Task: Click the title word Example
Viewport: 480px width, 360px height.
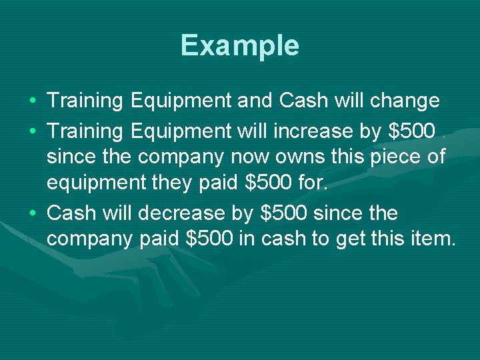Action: (x=239, y=45)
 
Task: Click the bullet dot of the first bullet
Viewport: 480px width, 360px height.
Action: (x=33, y=101)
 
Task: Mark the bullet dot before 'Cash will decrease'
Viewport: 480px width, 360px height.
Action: (x=33, y=214)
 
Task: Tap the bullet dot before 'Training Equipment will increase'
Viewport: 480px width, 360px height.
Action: (x=33, y=132)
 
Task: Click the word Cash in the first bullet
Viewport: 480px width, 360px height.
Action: (x=304, y=101)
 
